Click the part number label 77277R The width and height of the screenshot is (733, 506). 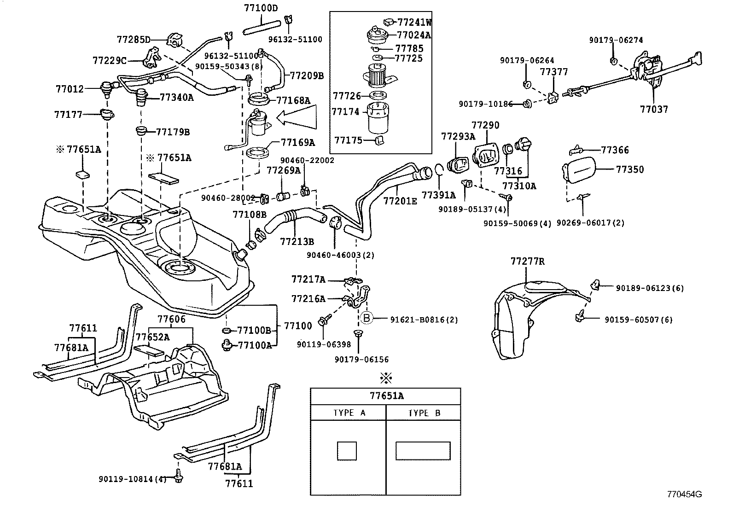click(527, 262)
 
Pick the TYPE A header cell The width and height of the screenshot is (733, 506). click(349, 413)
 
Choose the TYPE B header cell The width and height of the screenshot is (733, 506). click(424, 413)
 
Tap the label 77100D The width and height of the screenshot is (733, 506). click(261, 8)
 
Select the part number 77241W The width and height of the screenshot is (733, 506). click(415, 22)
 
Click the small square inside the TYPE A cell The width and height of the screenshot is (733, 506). click(347, 450)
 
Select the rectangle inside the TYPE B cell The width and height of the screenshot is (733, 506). click(423, 450)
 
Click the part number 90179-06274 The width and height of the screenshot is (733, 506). click(616, 40)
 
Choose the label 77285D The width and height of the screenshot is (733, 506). click(134, 39)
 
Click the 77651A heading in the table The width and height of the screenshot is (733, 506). click(386, 395)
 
